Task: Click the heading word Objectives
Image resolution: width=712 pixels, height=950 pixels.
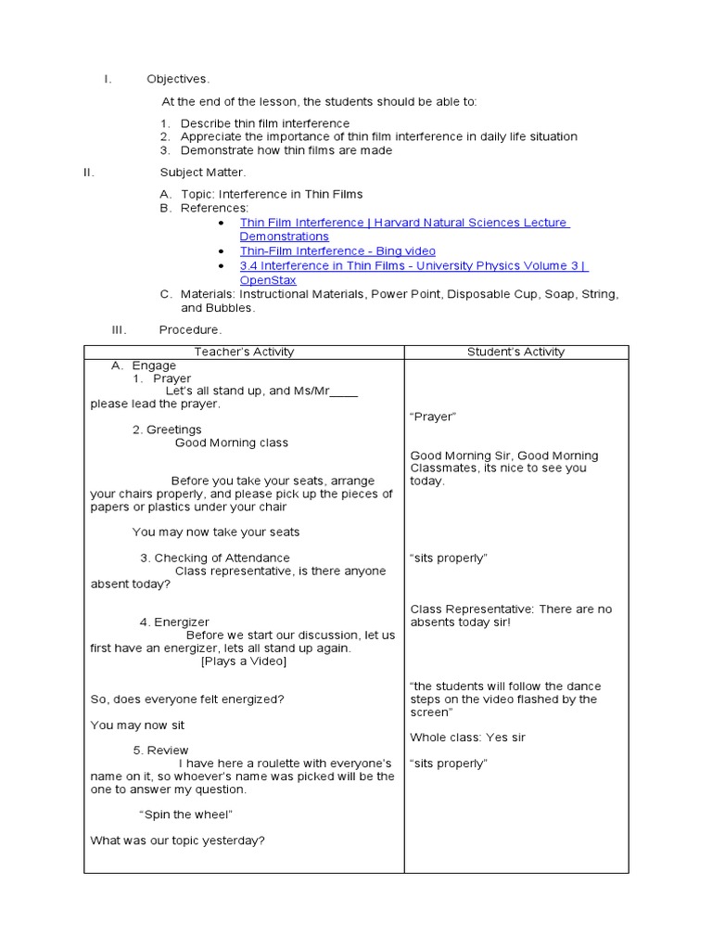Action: [x=178, y=79]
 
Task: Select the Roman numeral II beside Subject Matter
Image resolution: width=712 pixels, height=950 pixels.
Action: [x=89, y=172]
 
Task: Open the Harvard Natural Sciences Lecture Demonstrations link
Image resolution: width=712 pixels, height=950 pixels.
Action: [x=403, y=223]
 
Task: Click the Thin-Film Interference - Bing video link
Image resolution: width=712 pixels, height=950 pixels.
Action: [x=337, y=251]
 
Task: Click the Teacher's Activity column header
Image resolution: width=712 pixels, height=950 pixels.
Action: [x=244, y=352]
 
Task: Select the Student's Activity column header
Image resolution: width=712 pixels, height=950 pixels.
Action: [x=515, y=352]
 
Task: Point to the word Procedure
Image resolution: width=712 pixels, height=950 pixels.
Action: [x=190, y=329]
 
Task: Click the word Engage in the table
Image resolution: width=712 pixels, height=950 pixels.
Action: [x=154, y=366]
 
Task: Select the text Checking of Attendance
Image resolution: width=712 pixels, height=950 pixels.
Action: [x=222, y=558]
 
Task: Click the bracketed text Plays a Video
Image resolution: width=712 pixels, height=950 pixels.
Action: [x=244, y=661]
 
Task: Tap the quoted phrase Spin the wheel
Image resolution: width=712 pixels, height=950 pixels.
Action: [x=185, y=815]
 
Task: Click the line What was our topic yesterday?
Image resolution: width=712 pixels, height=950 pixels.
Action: [x=178, y=841]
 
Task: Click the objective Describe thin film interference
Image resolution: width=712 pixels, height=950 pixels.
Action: [x=265, y=123]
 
